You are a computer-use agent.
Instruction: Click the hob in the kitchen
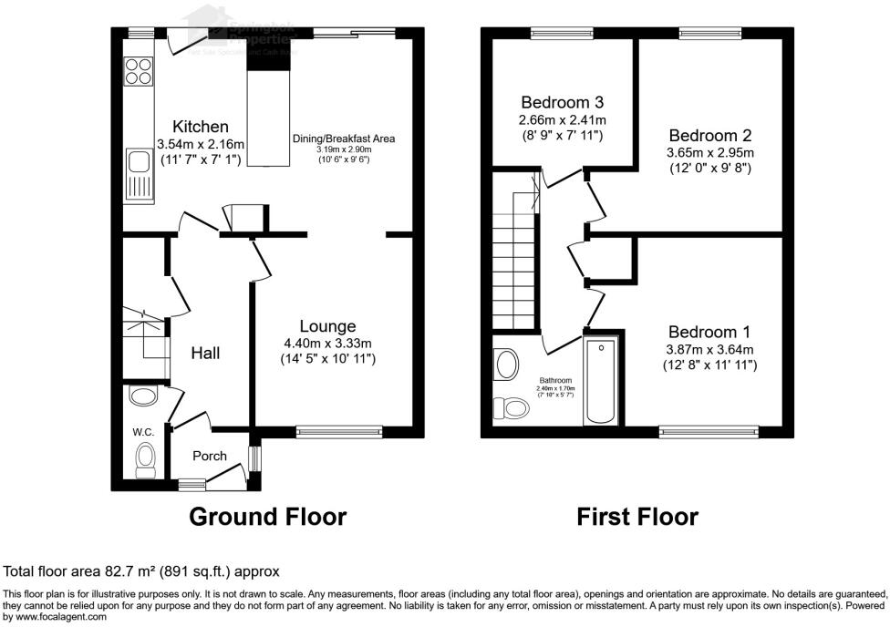point(138,71)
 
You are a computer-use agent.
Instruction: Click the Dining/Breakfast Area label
point(343,139)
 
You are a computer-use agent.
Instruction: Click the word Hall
point(205,353)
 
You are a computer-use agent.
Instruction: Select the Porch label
point(209,455)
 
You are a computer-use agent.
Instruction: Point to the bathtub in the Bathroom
point(601,381)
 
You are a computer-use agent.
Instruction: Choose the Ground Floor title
point(267,517)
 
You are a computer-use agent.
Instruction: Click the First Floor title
point(637,517)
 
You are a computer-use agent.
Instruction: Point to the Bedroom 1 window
point(708,429)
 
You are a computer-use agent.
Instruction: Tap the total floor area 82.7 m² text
point(141,571)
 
